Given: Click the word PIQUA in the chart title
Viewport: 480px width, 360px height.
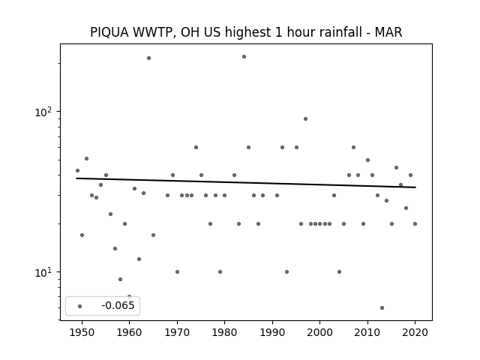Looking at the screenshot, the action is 109,32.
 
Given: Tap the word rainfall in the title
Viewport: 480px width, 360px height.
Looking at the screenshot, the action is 343,32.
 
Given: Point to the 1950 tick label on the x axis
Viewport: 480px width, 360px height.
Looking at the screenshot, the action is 82,332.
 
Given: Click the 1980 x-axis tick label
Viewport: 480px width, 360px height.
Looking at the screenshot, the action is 224,332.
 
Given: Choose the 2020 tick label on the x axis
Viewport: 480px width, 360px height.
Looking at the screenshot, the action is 415,332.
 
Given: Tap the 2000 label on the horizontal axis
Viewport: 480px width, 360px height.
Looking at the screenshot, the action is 320,332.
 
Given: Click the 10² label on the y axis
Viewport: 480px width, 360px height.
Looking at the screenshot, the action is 43,112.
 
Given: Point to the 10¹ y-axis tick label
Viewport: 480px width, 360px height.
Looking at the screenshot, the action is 43,272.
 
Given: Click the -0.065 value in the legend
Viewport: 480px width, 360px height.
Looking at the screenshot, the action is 118,305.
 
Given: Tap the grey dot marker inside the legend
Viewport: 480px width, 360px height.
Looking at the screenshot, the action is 80,306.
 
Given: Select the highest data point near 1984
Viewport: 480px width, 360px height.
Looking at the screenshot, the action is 244,57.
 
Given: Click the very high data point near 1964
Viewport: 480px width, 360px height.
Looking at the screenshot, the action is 148,58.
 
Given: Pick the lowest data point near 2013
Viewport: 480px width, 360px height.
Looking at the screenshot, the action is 382,308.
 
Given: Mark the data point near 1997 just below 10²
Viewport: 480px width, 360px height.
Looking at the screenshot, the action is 305,119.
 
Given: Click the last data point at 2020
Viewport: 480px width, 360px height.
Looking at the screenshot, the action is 415,223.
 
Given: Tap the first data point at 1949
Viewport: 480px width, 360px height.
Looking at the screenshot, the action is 77,170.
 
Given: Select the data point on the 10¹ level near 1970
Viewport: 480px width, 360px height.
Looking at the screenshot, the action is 177,271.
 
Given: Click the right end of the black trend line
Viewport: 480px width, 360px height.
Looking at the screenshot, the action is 415,187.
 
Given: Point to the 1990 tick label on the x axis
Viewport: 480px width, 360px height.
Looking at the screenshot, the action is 272,332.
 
